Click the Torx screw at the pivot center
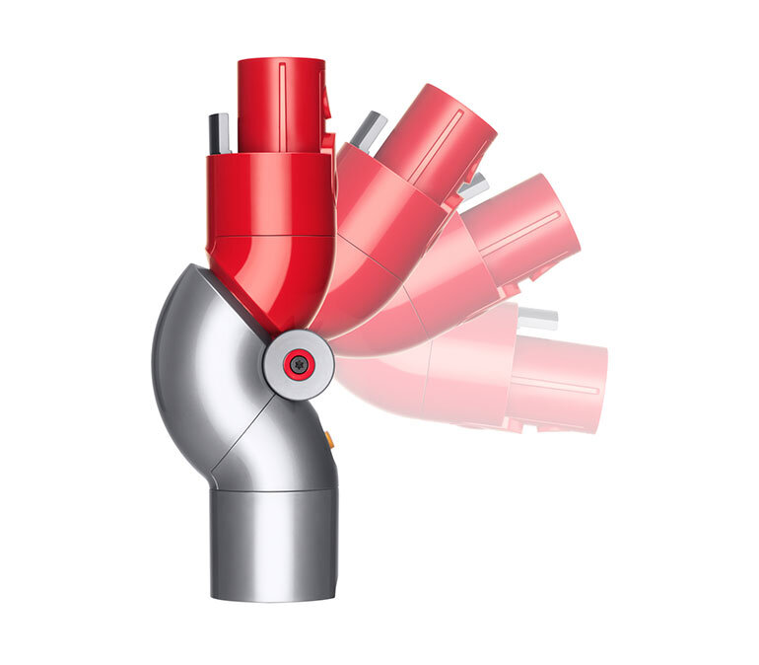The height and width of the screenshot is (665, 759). point(301,364)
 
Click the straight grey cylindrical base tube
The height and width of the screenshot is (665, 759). point(273,543)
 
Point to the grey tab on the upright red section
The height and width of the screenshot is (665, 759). point(219,133)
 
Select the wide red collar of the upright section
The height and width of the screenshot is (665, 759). point(270,192)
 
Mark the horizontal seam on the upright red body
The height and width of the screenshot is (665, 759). point(270,237)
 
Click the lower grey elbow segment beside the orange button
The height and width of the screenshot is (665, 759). point(286,444)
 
